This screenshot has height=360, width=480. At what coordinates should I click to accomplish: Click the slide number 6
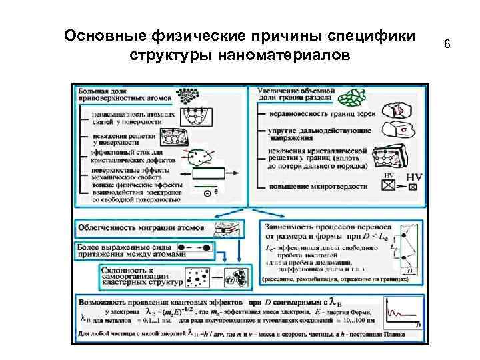[x=447, y=45]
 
